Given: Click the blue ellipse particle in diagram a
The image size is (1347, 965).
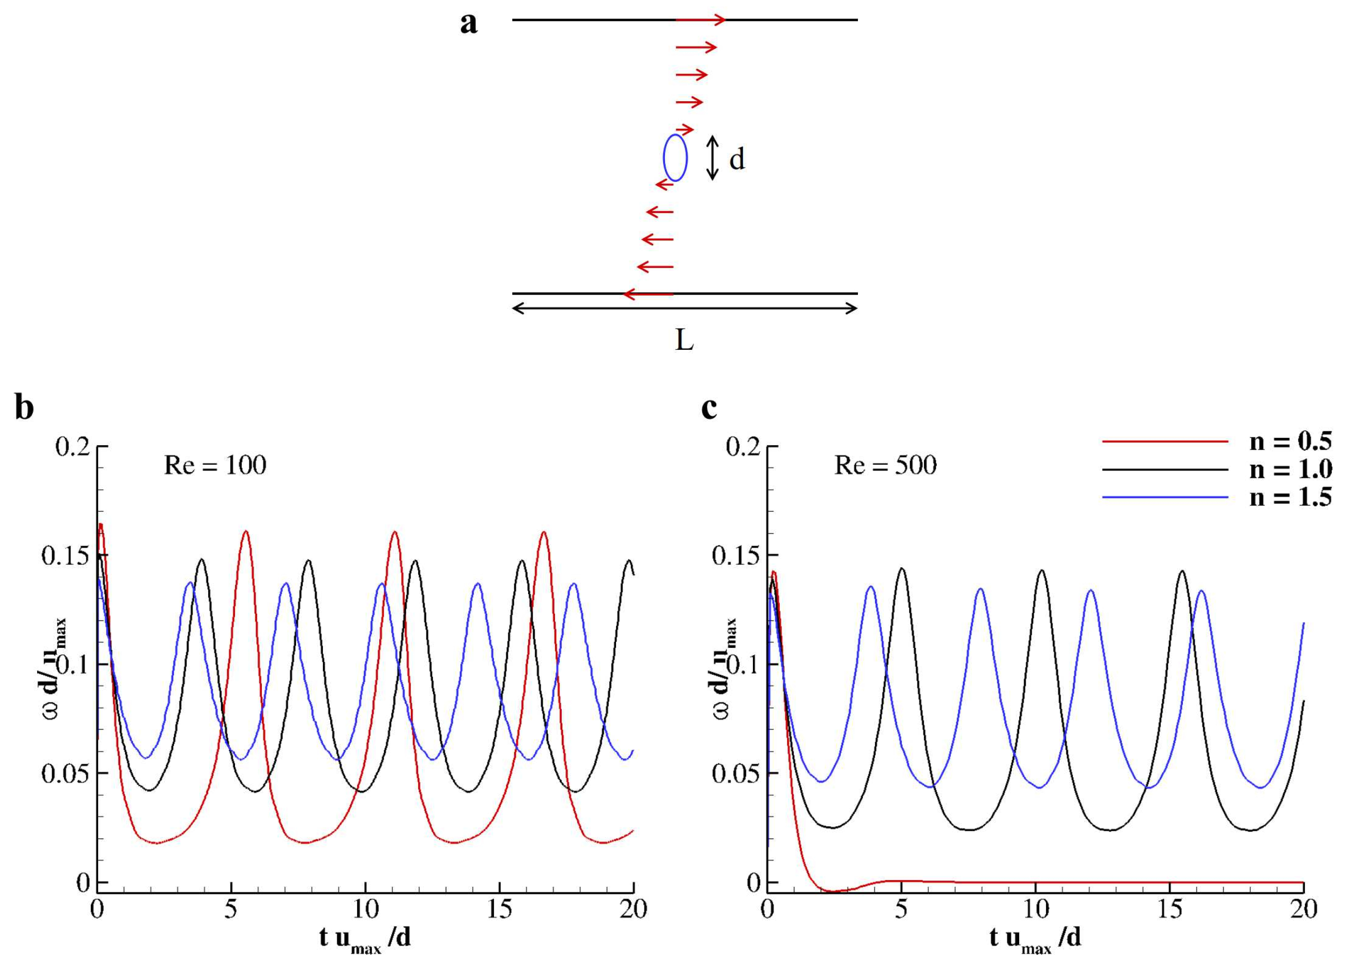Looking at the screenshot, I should click(x=675, y=157).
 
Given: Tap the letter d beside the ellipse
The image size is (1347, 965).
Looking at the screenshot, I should click(x=736, y=159).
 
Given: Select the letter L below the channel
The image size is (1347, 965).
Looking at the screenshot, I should click(x=684, y=340).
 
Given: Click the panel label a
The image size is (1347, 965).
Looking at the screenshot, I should click(x=469, y=24).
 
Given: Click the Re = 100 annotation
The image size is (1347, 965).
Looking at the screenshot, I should click(x=215, y=466).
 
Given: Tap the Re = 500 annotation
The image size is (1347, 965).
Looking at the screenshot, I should click(x=885, y=466).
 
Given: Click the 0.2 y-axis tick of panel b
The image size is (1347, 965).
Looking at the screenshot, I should click(x=72, y=447).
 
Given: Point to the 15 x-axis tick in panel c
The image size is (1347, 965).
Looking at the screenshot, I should click(x=1170, y=909).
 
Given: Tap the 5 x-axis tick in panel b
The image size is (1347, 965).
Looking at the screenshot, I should click(x=231, y=909).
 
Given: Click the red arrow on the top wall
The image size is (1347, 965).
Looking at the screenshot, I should click(x=701, y=20).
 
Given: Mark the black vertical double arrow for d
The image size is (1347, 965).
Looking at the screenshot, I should click(x=712, y=158).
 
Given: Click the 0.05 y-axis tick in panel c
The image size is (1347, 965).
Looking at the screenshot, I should click(x=735, y=774).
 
